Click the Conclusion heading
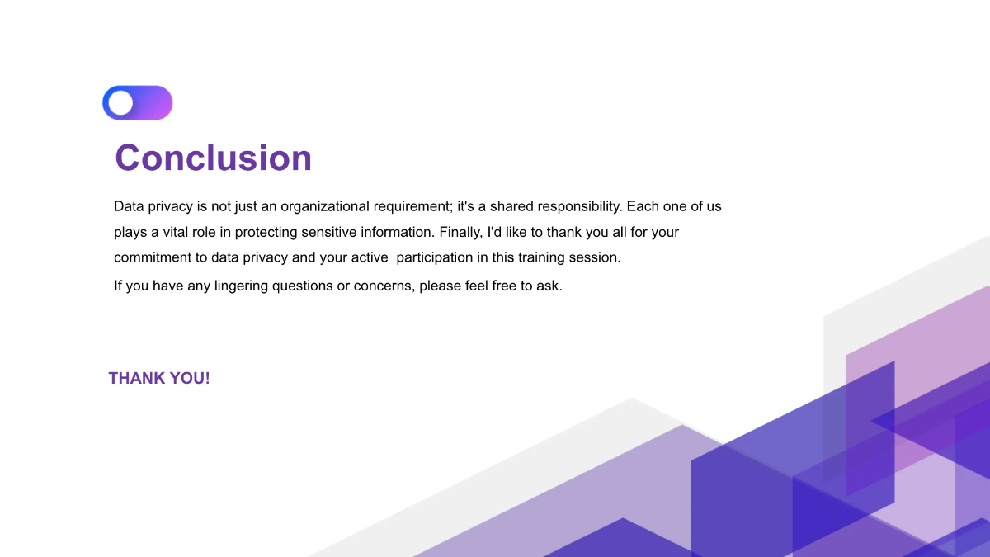point(213,158)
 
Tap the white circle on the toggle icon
point(120,103)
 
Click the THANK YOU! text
point(159,379)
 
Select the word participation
point(435,257)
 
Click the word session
point(598,257)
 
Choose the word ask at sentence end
point(549,287)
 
